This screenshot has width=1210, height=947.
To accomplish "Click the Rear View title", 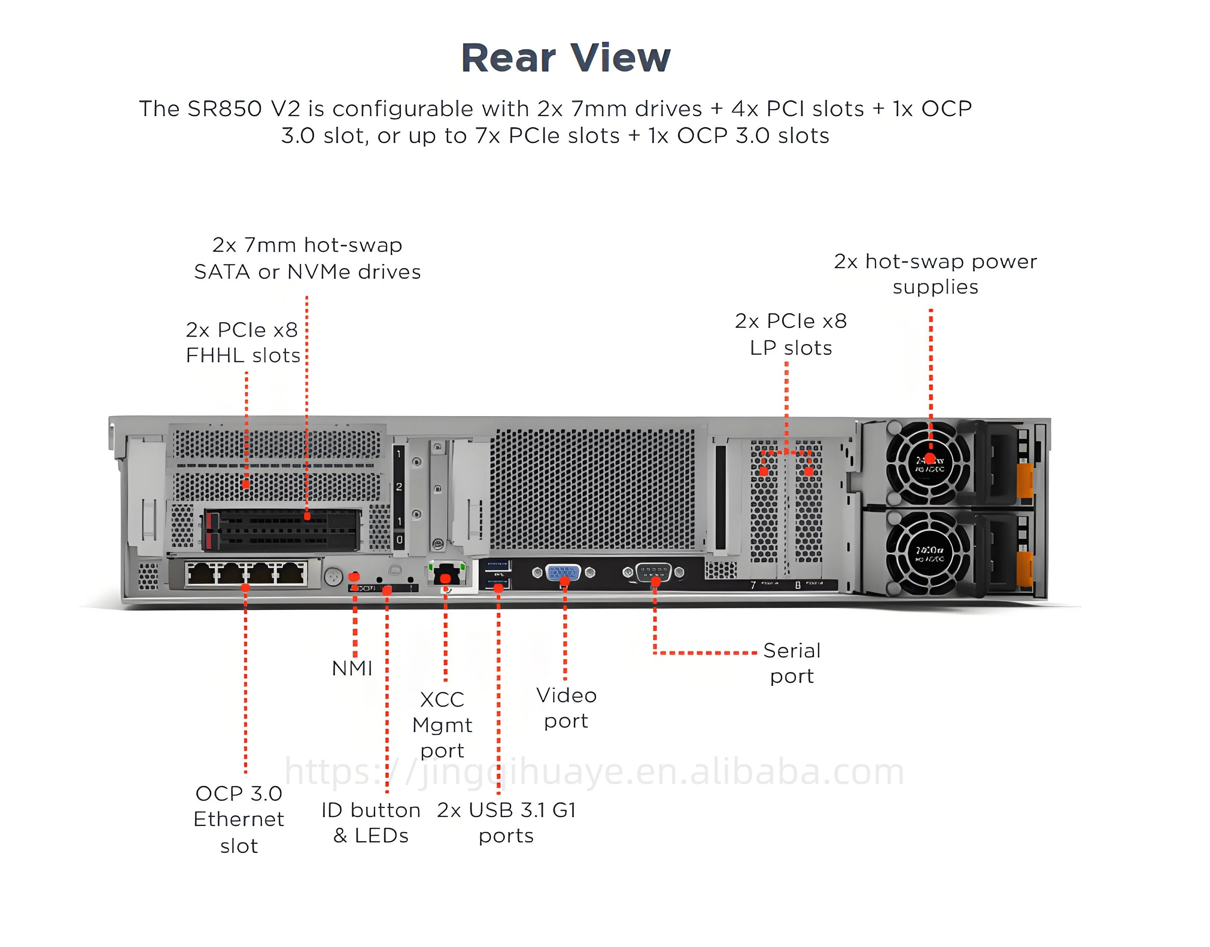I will click(x=566, y=58).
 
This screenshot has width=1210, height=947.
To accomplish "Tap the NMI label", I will click(x=352, y=668).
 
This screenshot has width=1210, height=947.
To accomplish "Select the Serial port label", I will click(x=792, y=663).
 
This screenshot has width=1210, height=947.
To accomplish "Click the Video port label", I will click(x=566, y=708).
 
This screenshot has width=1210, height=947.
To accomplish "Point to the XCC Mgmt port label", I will click(x=442, y=725).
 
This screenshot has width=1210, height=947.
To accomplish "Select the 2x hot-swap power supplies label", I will click(x=935, y=274).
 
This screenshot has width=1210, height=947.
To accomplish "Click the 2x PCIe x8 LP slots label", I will click(x=791, y=334).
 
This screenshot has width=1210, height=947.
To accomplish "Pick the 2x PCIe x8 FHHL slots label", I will click(x=243, y=342).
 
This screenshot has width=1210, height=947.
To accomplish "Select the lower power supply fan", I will click(x=929, y=553).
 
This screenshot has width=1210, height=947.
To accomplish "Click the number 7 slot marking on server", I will click(x=753, y=585).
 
